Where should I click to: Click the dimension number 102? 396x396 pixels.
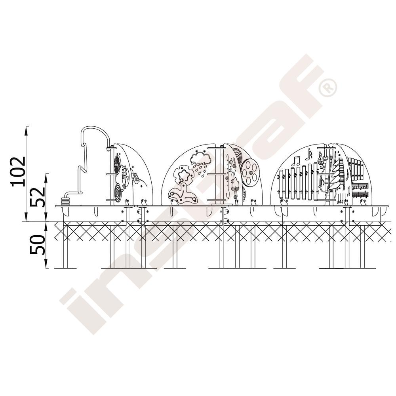point(18,172)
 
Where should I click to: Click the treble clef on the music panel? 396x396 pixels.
point(321,160)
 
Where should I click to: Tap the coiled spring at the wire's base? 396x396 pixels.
point(65,201)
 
